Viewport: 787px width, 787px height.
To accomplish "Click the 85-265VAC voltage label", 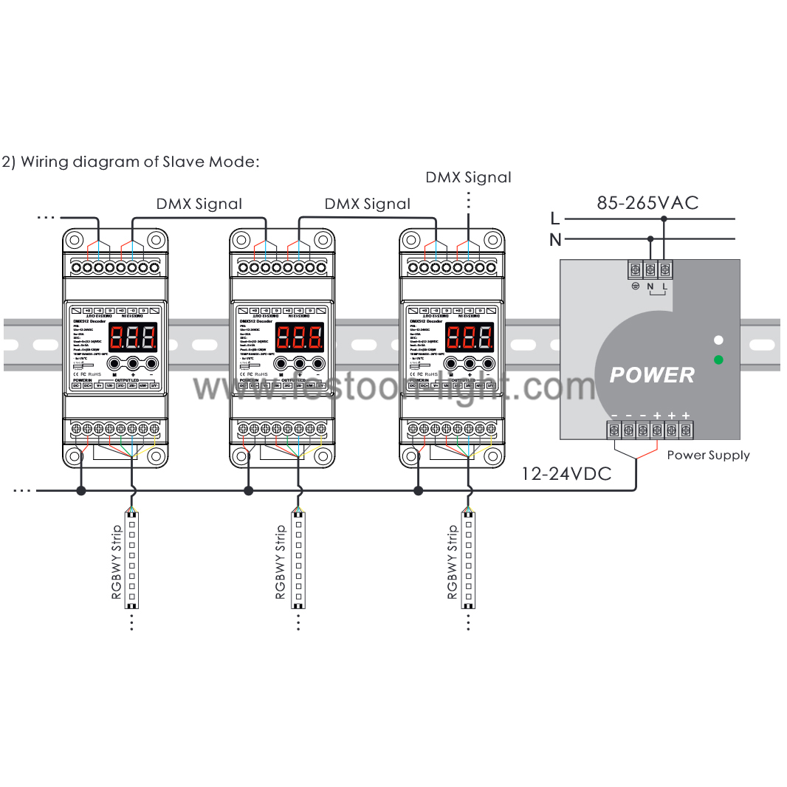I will point(647,202).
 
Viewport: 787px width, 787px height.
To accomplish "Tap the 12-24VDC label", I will point(566,473).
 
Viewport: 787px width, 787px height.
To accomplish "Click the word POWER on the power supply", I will point(652,375).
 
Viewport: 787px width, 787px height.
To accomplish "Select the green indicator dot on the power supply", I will point(718,360).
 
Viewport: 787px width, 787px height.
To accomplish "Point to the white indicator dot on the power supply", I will point(718,340).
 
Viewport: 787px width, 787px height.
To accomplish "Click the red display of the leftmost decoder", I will point(134,339).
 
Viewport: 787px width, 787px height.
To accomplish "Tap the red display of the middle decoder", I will point(300,339).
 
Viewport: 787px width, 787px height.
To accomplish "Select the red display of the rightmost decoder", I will point(470,339).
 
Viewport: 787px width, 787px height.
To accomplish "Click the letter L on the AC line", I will point(555,218).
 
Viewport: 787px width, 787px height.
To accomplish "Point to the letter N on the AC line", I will point(555,239).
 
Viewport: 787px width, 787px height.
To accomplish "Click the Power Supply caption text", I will point(708,455).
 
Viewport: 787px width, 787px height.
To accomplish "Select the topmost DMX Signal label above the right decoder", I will point(468,177).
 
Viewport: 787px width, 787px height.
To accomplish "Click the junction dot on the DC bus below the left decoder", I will point(81,490).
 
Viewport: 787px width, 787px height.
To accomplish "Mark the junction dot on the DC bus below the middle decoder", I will point(249,490).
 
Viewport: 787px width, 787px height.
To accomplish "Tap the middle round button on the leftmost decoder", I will point(134,363).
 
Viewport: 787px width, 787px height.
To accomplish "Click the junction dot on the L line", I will point(664,219).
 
